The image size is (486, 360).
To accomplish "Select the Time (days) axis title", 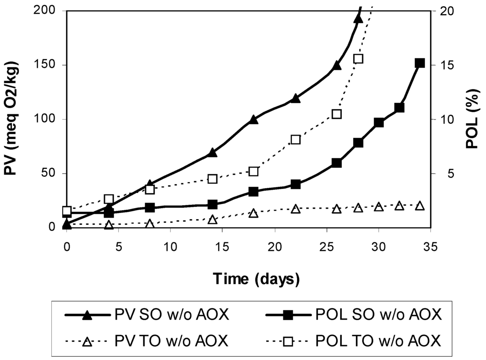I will coord(256,278).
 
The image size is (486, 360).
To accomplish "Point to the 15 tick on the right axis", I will coord(442,65).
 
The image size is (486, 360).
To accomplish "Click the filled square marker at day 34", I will coord(420,63).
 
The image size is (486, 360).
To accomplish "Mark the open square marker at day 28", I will coord(358,59).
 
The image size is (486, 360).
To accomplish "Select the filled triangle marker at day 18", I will coord(253,120).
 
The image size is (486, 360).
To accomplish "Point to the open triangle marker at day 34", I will coord(420,205).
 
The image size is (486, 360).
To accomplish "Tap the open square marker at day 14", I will coord(212,179).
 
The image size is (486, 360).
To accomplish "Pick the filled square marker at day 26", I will coord(336,162).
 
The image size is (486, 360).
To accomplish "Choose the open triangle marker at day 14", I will coord(212,219).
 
